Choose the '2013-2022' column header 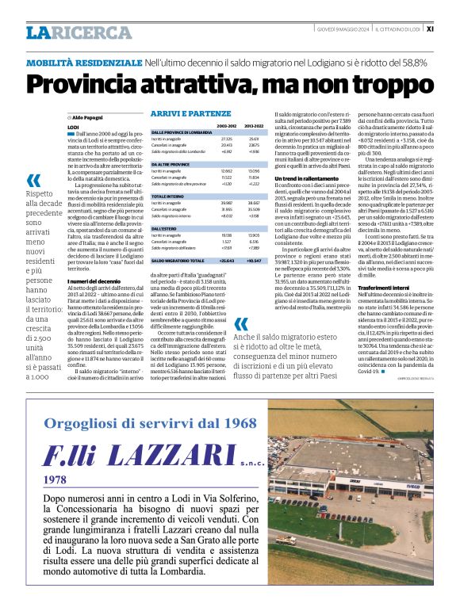pos(254,125)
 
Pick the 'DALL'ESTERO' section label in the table pos(165,227)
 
